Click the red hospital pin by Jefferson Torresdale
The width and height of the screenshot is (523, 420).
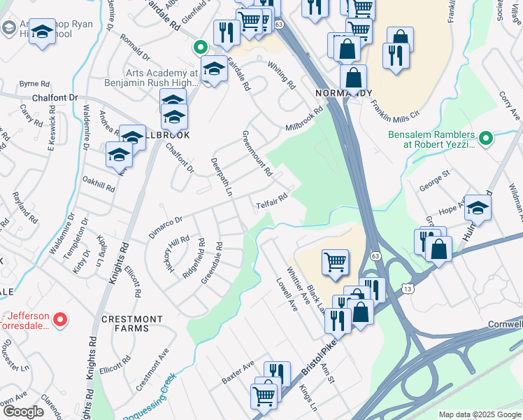click(x=60, y=320)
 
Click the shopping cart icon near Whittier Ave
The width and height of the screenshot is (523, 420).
click(x=335, y=262)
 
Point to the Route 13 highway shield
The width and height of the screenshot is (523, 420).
click(x=408, y=288)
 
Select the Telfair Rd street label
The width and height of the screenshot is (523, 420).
click(x=272, y=201)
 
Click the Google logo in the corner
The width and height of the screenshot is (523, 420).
click(x=24, y=412)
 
